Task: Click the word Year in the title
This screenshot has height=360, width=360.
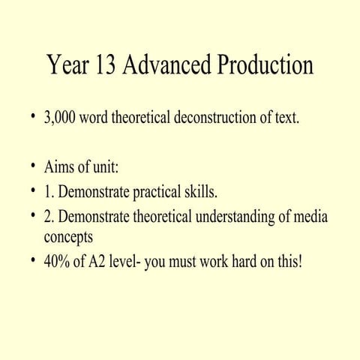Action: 68,66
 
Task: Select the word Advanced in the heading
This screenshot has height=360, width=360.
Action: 167,66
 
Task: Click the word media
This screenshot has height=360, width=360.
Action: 312,217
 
